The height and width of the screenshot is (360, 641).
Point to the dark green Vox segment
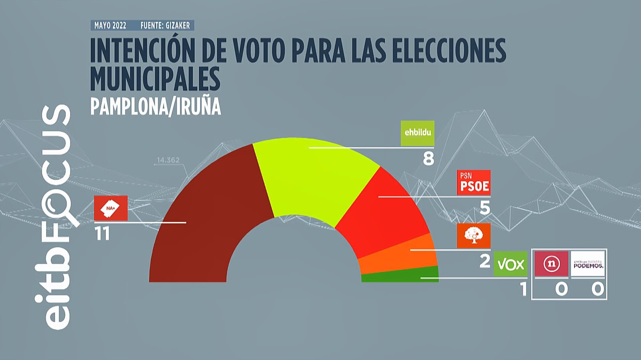pyautogui.click(x=401, y=275)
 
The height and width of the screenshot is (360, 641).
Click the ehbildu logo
pyautogui.click(x=417, y=133)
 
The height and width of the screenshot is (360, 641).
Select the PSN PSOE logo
pyautogui.click(x=473, y=182)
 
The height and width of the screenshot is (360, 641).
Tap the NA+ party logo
pyautogui.click(x=111, y=208)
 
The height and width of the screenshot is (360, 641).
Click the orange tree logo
pyautogui.click(x=473, y=235)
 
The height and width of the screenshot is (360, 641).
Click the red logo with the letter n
pyautogui.click(x=551, y=264)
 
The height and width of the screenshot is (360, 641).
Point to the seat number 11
pyautogui.click(x=102, y=234)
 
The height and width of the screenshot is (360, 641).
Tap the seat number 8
pyautogui.click(x=428, y=159)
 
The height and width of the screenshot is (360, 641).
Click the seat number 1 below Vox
pyautogui.click(x=523, y=289)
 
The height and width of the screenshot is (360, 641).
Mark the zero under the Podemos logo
pyautogui.click(x=598, y=289)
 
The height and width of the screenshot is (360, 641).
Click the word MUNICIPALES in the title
pyautogui.click(x=155, y=79)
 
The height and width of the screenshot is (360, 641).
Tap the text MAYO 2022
pyautogui.click(x=110, y=26)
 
